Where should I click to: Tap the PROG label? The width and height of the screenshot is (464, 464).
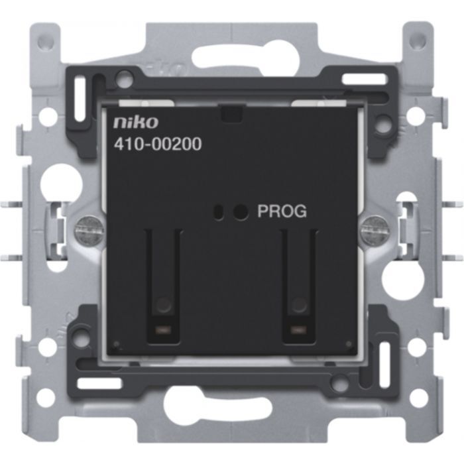(x=282, y=212)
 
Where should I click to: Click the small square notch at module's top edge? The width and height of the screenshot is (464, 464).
(x=232, y=114)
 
